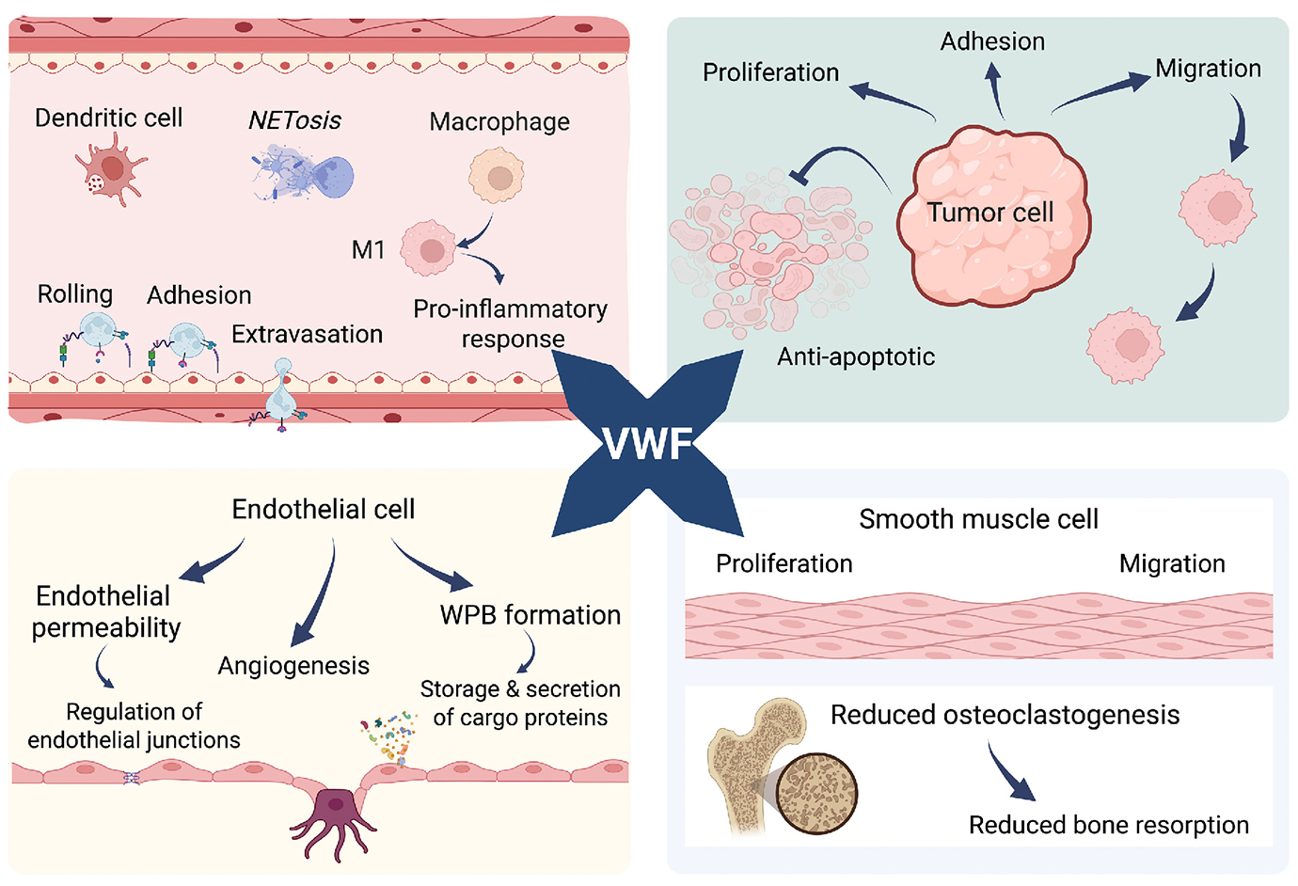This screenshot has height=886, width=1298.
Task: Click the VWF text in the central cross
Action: pos(648,443)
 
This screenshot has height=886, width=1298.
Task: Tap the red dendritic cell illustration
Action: pos(111,169)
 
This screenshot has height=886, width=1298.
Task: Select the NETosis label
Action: pos(294,120)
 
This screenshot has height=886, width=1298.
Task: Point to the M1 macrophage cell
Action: pos(429,248)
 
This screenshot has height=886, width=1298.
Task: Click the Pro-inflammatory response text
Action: pos(511,324)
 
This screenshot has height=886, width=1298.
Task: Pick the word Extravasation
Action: pos(307,334)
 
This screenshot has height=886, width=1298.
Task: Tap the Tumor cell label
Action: pos(989,213)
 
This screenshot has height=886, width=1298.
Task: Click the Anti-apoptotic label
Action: pos(856,356)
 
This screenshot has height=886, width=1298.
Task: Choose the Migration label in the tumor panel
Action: pos(1208,69)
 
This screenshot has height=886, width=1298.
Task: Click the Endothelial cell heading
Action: pos(323,509)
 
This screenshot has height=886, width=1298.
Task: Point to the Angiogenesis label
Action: pos(293,666)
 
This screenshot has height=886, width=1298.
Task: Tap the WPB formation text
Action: pos(530,615)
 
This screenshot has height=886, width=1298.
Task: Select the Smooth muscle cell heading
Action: pos(978,519)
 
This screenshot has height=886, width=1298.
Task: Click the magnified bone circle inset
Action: pos(816,793)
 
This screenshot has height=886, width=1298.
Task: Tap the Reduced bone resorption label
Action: pos(1108,825)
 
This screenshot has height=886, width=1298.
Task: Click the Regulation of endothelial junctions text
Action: pos(134,726)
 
